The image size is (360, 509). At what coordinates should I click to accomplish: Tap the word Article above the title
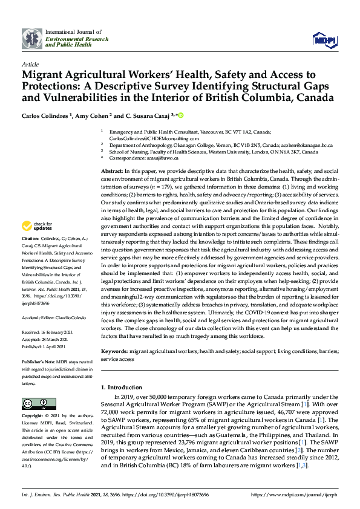coord(30,63)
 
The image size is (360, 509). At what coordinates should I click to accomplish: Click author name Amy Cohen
coord(91,115)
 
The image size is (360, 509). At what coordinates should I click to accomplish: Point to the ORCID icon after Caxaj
coord(180,115)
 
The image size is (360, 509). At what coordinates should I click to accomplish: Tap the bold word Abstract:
coord(113,173)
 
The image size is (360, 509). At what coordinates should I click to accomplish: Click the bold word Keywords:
coord(114,351)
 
